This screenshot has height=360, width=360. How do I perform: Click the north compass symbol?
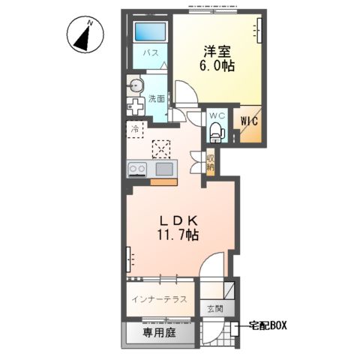[85, 34]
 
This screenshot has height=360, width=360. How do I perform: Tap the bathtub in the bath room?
[151, 31]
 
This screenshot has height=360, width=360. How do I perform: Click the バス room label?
[151, 52]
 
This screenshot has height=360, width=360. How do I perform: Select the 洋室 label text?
[217, 52]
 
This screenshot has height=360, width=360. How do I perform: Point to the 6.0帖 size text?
[217, 66]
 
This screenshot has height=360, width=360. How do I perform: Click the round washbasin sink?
[136, 86]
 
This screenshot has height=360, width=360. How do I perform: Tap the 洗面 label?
[157, 99]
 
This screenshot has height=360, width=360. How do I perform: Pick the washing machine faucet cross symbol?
[135, 106]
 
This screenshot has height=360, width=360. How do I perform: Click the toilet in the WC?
[217, 132]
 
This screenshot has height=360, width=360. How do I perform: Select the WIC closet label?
[249, 121]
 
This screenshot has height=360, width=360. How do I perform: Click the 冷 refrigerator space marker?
[135, 130]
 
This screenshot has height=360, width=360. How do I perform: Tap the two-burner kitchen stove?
[137, 169]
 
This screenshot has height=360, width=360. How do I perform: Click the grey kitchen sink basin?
[164, 169]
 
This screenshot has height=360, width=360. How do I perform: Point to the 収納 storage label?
[210, 163]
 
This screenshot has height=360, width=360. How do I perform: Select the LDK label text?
[179, 220]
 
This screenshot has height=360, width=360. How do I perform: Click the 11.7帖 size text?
[178, 235]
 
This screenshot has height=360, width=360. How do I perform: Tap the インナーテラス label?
[160, 299]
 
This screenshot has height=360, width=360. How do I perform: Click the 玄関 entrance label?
[215, 309]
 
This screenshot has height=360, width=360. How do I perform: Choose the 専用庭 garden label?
[160, 333]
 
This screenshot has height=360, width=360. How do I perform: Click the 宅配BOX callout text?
[268, 325]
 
